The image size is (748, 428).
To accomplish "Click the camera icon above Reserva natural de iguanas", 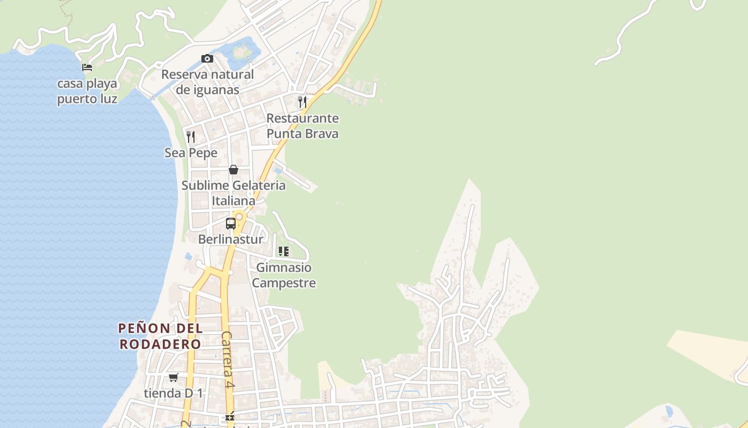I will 207,58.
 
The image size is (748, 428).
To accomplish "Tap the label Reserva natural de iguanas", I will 207,82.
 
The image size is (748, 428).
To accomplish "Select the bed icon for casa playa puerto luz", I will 87,67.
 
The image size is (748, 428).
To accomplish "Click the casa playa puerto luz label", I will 87,91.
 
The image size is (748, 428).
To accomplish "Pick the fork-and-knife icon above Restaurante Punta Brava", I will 302,102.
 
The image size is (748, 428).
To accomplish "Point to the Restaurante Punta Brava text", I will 302,126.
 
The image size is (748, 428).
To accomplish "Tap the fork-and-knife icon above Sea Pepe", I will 191,136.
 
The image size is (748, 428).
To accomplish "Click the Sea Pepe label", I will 191,153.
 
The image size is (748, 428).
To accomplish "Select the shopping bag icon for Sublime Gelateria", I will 233,170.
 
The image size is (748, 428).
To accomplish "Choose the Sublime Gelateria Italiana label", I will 233,193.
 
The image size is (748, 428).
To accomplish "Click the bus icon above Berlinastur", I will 231,224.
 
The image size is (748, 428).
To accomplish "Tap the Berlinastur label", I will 231,239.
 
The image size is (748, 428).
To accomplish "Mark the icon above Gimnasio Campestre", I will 284,251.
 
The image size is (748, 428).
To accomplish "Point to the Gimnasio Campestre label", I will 284,275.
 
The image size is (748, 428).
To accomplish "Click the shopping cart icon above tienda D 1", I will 174,377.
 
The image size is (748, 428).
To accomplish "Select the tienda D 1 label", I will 174,393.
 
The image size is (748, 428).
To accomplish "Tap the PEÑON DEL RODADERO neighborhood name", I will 160,336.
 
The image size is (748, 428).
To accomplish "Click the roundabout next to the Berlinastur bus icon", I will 239,217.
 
